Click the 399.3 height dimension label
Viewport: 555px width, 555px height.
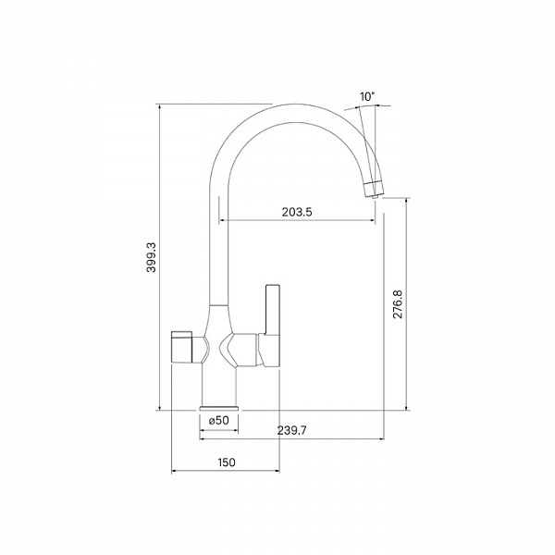click(x=152, y=257)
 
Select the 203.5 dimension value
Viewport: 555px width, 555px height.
click(x=297, y=212)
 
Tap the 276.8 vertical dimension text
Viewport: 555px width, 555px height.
click(x=398, y=304)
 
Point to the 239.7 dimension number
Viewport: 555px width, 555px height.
click(x=292, y=430)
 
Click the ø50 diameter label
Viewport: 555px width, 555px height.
click(x=219, y=421)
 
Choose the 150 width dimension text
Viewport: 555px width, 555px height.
click(x=227, y=462)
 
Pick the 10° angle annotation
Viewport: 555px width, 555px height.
click(x=367, y=96)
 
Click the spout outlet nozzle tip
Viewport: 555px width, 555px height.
click(x=376, y=196)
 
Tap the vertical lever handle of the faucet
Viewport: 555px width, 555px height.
click(x=273, y=309)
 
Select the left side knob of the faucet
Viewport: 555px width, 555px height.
click(x=181, y=347)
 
